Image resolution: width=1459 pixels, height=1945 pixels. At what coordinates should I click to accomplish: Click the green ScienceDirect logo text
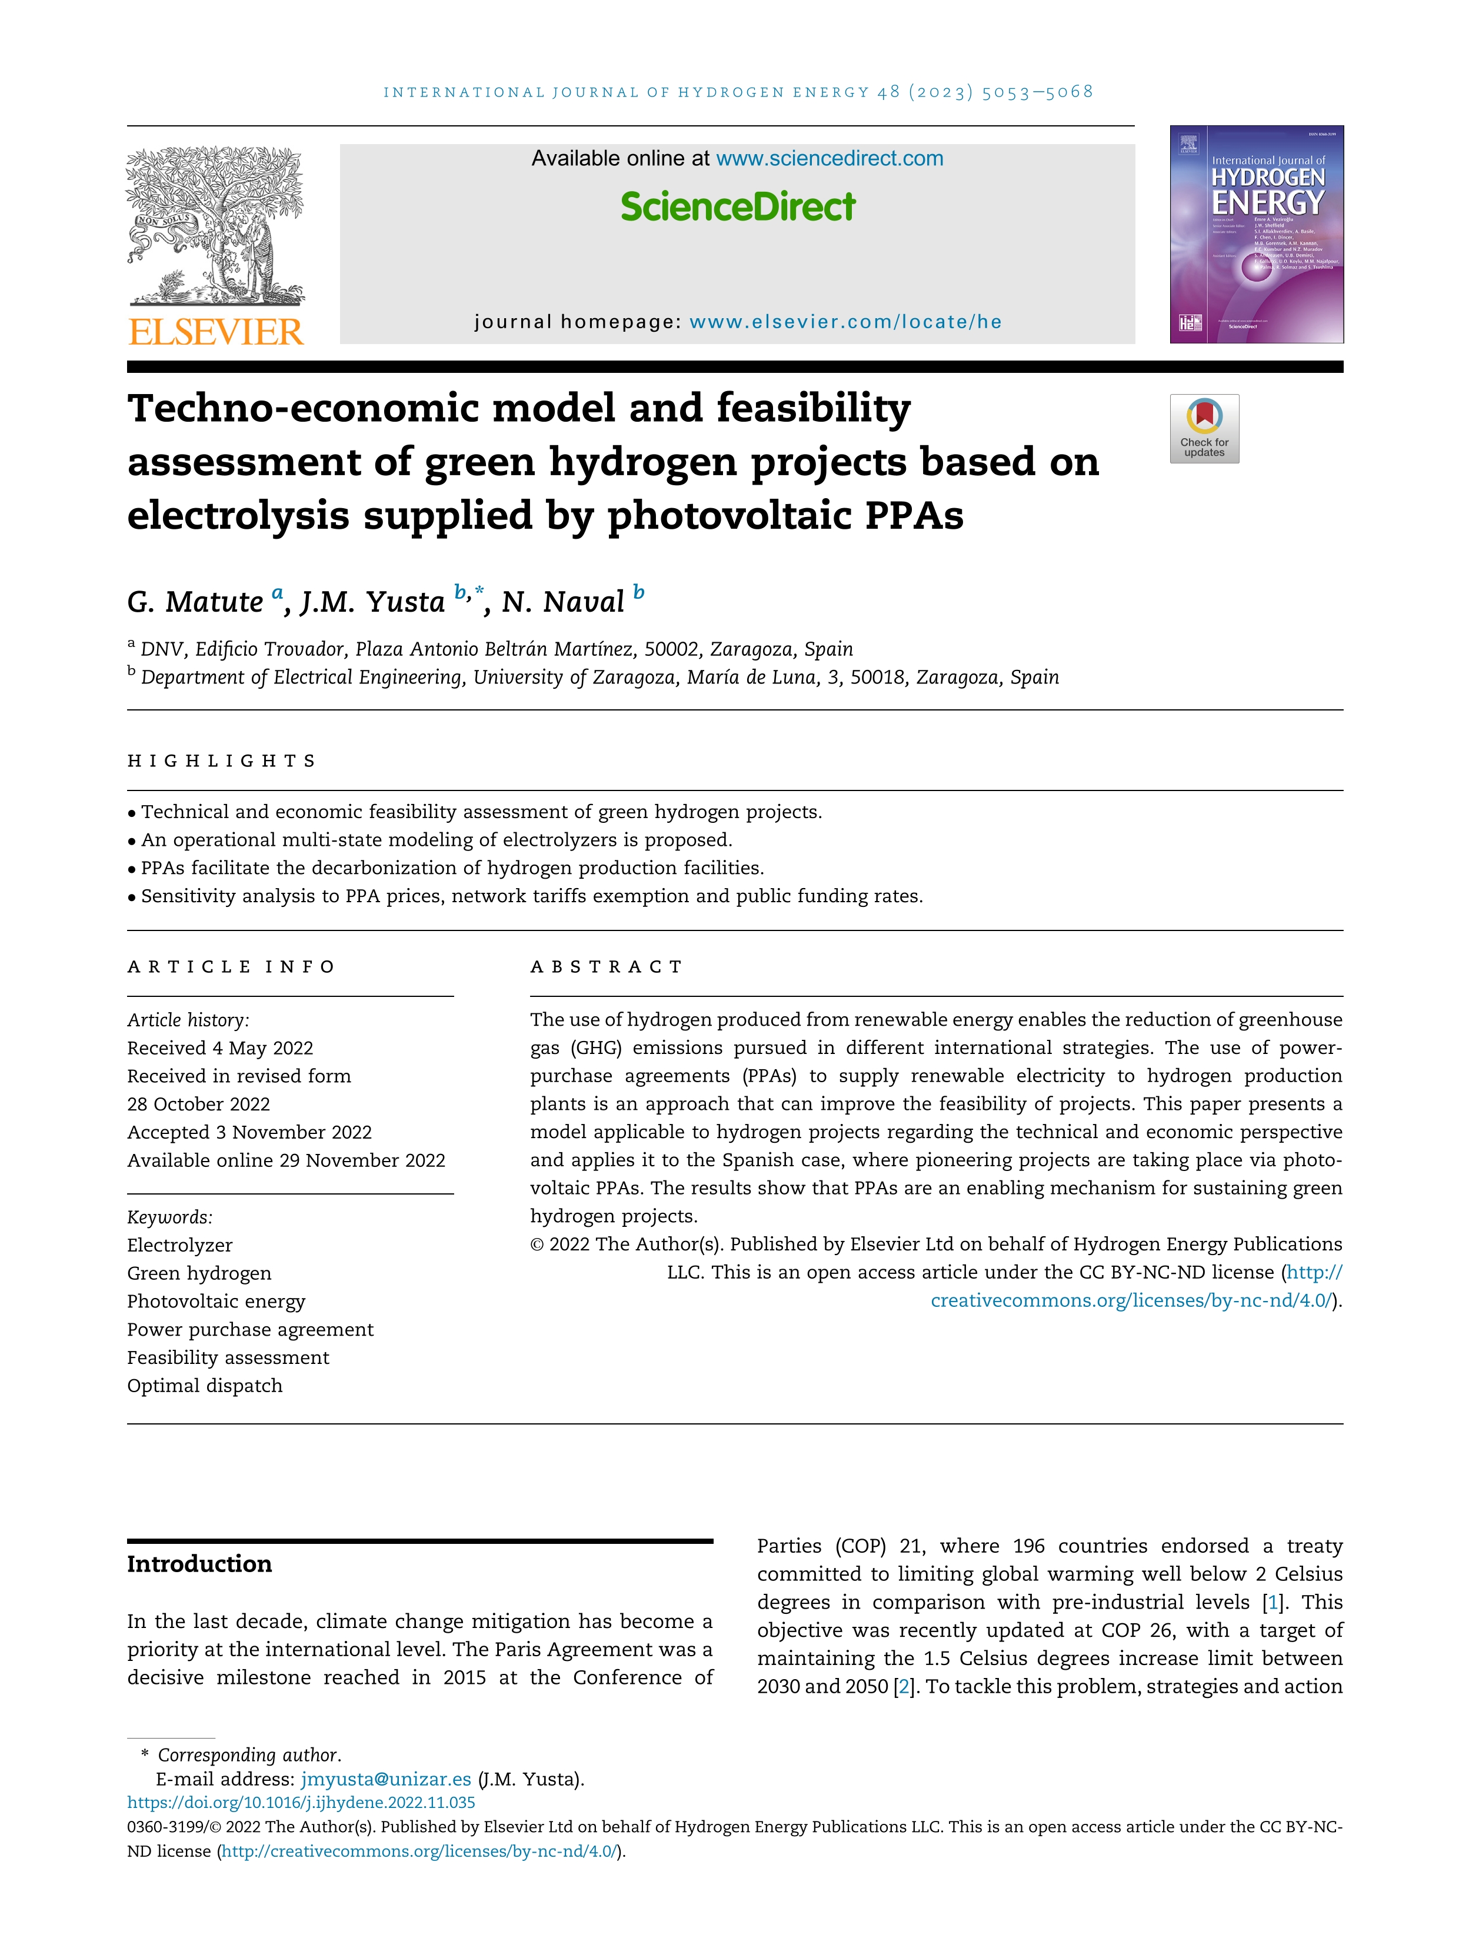click(737, 206)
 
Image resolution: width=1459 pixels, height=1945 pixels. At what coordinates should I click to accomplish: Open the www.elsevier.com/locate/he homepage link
click(845, 322)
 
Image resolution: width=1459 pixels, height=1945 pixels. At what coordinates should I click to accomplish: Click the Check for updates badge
click(1204, 428)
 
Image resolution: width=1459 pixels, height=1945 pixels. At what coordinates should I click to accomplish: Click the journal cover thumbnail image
click(1256, 234)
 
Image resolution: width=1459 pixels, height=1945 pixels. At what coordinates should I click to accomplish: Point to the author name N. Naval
click(563, 602)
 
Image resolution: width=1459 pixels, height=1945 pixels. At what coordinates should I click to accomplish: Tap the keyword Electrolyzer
click(179, 1245)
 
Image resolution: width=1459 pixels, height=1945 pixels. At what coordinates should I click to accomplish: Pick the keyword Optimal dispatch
click(205, 1386)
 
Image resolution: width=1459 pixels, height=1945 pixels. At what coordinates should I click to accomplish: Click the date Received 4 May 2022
click(220, 1048)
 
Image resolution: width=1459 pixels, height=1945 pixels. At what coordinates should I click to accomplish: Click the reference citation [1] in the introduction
click(1272, 1603)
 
